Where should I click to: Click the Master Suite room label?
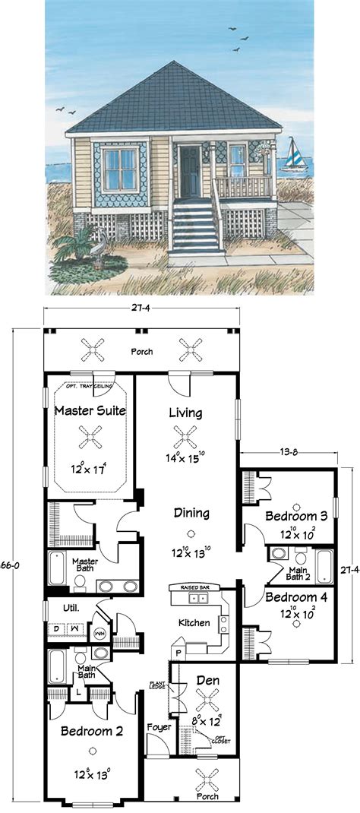[90, 411]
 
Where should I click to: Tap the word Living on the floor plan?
[185, 413]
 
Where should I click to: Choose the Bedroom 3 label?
[296, 516]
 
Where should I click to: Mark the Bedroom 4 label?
[296, 597]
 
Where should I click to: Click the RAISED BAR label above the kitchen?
[194, 588]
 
